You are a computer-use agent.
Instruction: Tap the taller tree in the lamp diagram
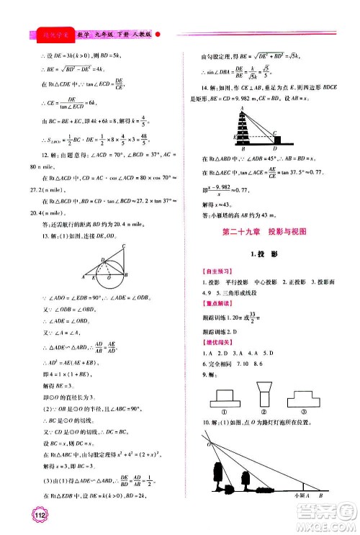click(x=222, y=482)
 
